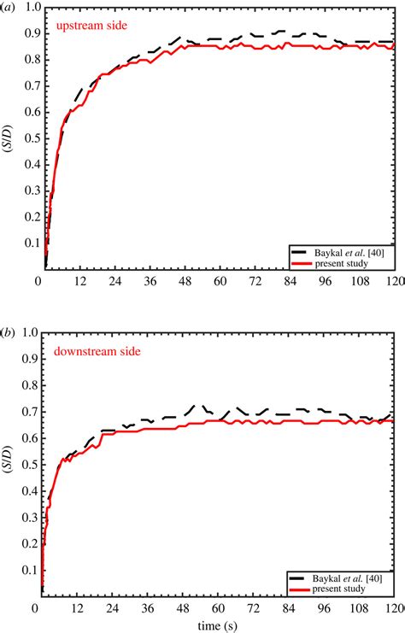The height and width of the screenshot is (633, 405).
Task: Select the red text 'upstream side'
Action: (x=91, y=26)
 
